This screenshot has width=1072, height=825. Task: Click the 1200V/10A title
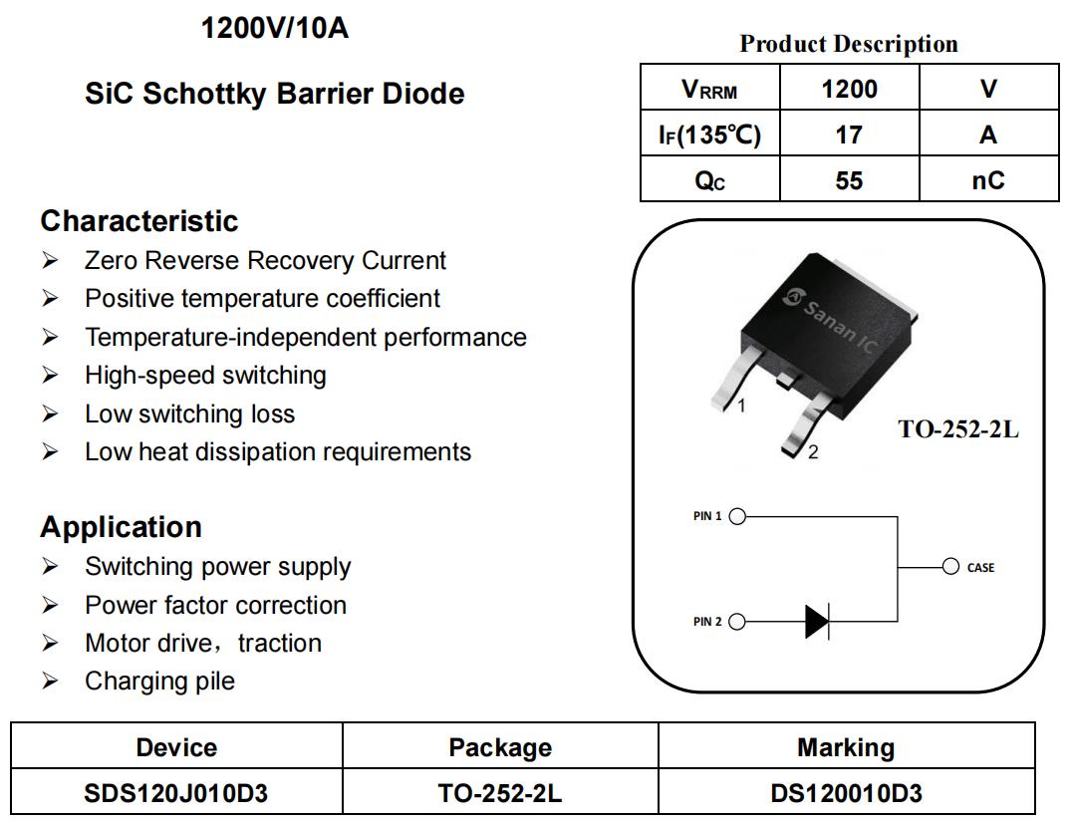(x=275, y=29)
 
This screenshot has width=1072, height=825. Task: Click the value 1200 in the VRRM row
(x=849, y=89)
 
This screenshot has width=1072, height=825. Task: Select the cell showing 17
(x=849, y=135)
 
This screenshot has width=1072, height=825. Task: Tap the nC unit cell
(x=988, y=180)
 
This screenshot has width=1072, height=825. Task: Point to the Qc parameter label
(x=709, y=180)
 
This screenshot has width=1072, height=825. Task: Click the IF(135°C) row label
(x=709, y=135)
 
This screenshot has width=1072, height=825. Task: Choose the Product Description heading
(x=849, y=44)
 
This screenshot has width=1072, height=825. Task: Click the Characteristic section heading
(x=139, y=221)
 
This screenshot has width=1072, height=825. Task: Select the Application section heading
(x=121, y=528)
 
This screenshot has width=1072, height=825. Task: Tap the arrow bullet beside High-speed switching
(x=50, y=376)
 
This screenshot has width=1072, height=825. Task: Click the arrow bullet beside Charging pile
(x=50, y=681)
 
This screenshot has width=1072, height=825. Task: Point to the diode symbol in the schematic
(x=817, y=622)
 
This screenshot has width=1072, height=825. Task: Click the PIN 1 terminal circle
(x=737, y=516)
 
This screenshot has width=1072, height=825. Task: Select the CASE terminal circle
(x=951, y=567)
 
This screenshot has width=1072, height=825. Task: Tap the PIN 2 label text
(x=707, y=622)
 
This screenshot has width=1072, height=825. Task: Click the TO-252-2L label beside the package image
(x=958, y=429)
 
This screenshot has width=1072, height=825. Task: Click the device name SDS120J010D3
(x=175, y=793)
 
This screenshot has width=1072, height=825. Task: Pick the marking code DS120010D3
(x=847, y=793)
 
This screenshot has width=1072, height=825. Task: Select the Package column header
(x=500, y=747)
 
